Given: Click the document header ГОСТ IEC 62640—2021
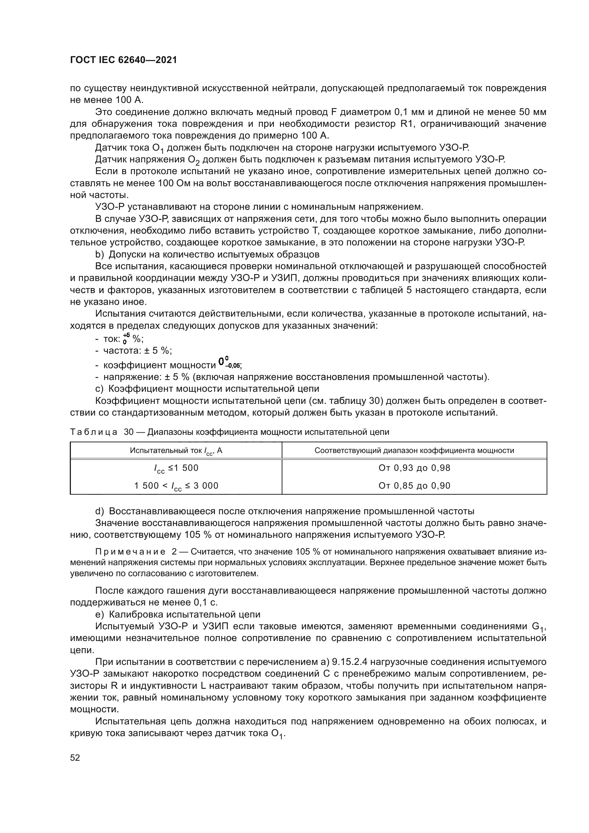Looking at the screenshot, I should click(123, 60).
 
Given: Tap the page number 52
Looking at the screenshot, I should click(75, 758).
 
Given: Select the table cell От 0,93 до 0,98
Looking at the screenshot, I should click(414, 468).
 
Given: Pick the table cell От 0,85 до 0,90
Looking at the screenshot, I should click(414, 486).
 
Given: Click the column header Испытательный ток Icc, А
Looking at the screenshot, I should click(176, 451).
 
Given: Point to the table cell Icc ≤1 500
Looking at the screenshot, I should click(176, 468).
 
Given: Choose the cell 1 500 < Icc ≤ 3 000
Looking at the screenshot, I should click(176, 486).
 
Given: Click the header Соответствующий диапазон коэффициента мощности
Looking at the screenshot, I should click(414, 451).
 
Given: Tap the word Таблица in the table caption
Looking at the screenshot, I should click(94, 432).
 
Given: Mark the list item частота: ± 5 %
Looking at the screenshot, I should click(137, 351).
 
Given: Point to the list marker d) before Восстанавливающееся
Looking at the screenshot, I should click(99, 511).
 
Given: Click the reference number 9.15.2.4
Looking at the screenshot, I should click(350, 662).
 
